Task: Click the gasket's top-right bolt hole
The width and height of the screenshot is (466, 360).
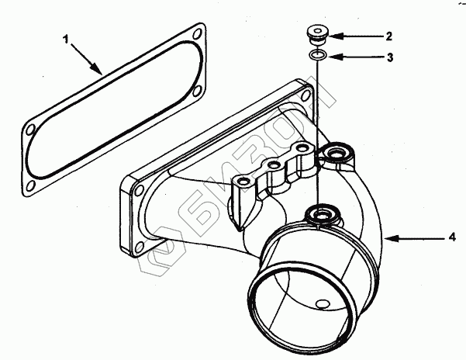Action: click(x=195, y=34)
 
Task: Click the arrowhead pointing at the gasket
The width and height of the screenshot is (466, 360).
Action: click(x=102, y=72)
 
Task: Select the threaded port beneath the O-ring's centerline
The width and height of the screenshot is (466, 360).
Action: click(x=319, y=211)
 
